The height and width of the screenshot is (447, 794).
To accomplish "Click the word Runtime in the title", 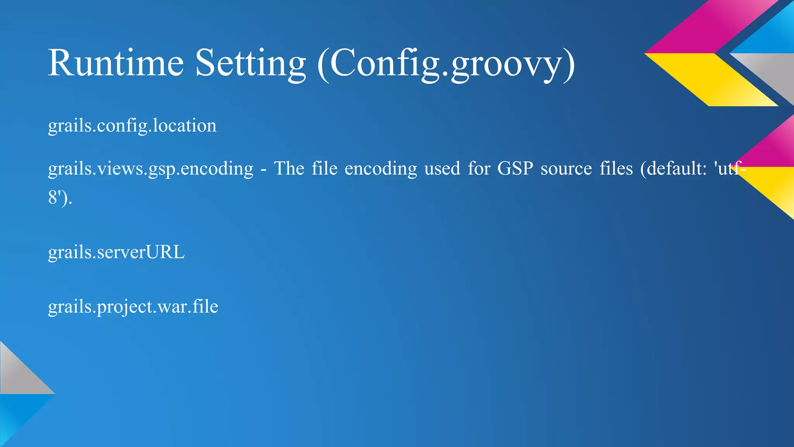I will pos(116,63).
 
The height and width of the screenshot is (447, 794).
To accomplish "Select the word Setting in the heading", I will pos(250,63).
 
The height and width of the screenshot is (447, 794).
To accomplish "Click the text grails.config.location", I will pos(132,126).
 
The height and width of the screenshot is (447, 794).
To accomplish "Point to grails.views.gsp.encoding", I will pos(150,169).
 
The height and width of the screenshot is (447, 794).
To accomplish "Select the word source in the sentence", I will pos(566,169).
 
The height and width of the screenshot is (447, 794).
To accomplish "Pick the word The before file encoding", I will pos(289,169).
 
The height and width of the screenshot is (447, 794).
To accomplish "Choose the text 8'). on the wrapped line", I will pos(60,198).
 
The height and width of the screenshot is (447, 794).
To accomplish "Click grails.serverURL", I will pos(116,252).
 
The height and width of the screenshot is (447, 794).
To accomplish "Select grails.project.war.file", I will pos(133,307).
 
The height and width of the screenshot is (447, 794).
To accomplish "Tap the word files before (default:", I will pos(616,169).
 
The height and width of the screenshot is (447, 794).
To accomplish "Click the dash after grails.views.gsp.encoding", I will pos(264,170).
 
